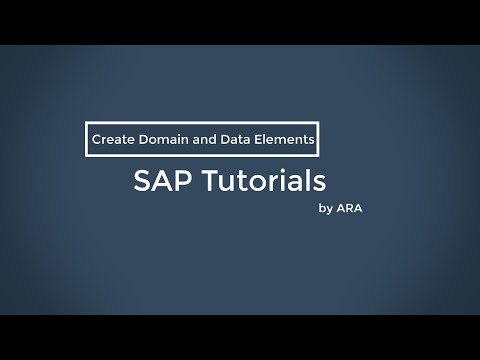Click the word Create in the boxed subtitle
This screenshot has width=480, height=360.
coord(110,141)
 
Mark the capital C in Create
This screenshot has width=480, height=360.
coord(96,141)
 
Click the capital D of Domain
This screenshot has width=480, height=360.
coord(139,141)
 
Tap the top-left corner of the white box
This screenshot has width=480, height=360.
coord(84,125)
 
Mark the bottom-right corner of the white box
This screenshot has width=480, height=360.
coord(321,156)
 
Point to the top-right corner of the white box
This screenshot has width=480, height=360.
coord(321,125)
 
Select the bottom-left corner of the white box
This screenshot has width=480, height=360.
coord(84,156)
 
